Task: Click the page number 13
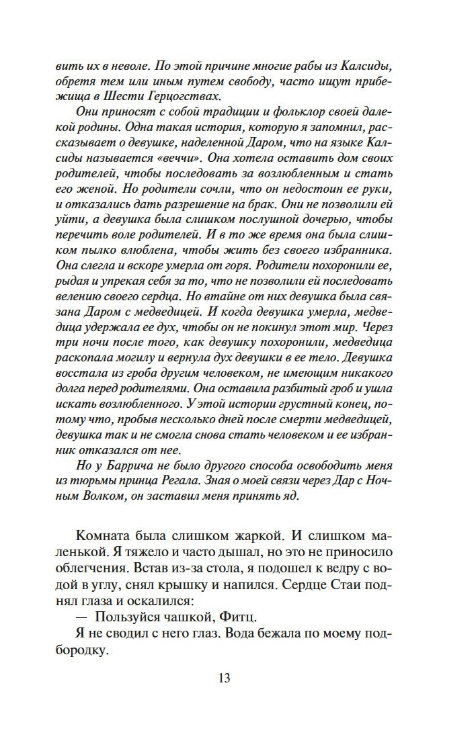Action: point(224,678)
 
